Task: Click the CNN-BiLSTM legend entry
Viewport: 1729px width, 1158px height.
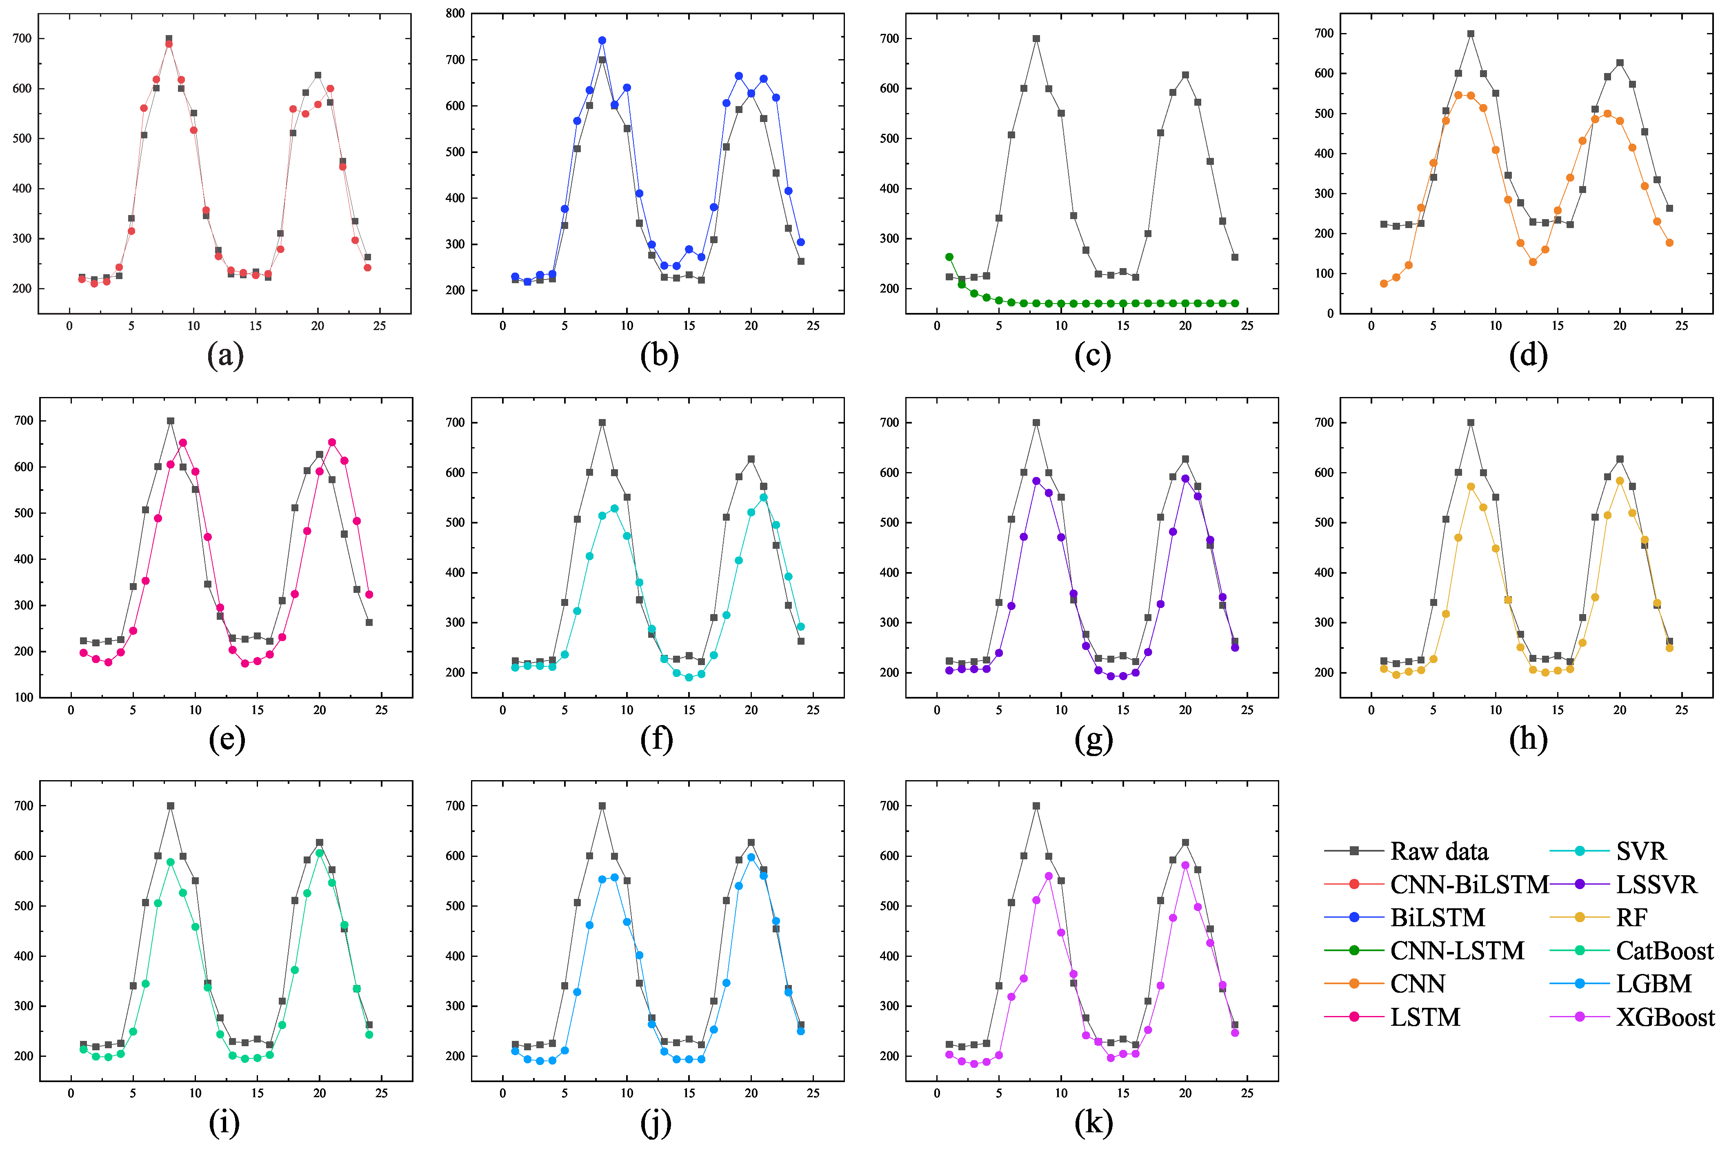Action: point(1468,884)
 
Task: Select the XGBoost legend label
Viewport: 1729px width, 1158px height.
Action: point(1665,1018)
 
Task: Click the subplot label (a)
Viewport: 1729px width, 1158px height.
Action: point(225,355)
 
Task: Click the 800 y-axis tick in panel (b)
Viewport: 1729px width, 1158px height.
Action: point(455,13)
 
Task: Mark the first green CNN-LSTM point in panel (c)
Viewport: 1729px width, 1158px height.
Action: point(949,257)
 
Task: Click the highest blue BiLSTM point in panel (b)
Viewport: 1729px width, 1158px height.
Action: point(602,41)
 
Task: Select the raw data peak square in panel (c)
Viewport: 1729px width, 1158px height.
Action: point(1036,38)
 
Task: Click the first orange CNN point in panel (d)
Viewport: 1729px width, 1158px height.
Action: point(1383,284)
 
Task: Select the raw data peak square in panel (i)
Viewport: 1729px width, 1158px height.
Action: point(171,806)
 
